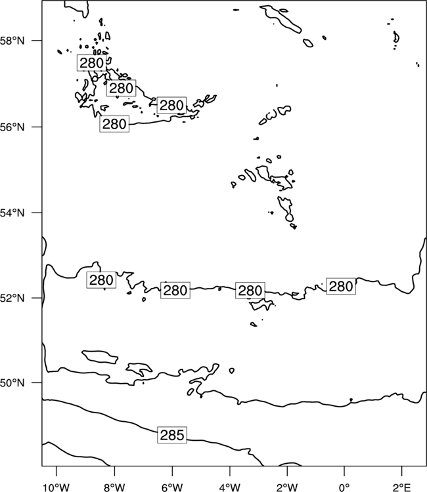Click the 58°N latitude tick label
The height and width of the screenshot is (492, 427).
click(12, 41)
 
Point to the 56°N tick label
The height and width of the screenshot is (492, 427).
click(12, 127)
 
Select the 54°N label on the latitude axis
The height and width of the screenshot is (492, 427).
click(12, 213)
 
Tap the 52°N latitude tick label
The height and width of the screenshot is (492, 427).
click(12, 298)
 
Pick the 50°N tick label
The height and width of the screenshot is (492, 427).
click(12, 383)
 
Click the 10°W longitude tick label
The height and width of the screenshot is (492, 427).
click(56, 487)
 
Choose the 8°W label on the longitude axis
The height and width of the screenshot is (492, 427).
click(114, 487)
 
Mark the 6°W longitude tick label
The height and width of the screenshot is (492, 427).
click(172, 487)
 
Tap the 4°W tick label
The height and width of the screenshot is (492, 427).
click(230, 487)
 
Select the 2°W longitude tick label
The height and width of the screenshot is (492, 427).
click(287, 487)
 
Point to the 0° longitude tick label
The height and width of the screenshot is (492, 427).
click(344, 487)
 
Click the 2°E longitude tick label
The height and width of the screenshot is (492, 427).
click(402, 487)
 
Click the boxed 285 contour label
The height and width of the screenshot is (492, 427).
click(172, 435)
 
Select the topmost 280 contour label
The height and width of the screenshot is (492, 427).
click(92, 63)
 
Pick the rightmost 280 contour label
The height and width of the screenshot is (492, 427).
click(341, 286)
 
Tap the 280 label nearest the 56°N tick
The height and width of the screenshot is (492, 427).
click(114, 124)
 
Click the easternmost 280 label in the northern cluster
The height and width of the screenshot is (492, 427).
click(171, 105)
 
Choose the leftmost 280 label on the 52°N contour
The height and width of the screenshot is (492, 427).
click(101, 280)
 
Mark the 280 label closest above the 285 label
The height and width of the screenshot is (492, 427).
click(175, 290)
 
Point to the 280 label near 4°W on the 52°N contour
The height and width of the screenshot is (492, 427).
click(250, 290)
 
